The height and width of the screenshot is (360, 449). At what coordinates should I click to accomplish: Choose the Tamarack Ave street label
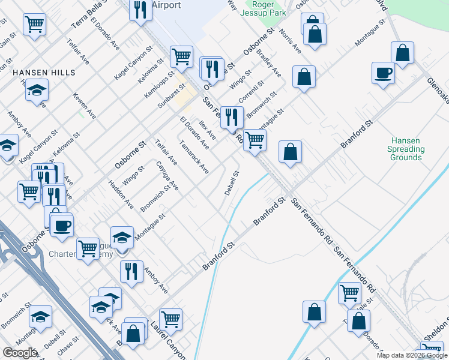coord(194,157)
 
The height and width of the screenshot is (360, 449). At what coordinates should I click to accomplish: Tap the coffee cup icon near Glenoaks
coord(382,74)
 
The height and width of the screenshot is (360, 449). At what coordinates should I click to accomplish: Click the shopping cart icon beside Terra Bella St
coord(35,25)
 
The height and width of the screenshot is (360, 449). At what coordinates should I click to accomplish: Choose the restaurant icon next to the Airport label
coord(140,10)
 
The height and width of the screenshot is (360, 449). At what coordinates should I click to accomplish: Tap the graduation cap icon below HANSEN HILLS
coord(37,91)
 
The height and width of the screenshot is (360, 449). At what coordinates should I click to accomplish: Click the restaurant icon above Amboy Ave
coord(131,271)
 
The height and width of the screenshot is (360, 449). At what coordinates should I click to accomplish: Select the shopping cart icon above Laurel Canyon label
coord(171,319)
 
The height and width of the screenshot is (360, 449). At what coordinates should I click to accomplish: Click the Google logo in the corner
coord(19,353)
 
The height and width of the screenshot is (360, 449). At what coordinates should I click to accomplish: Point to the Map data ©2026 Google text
coord(412,355)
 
